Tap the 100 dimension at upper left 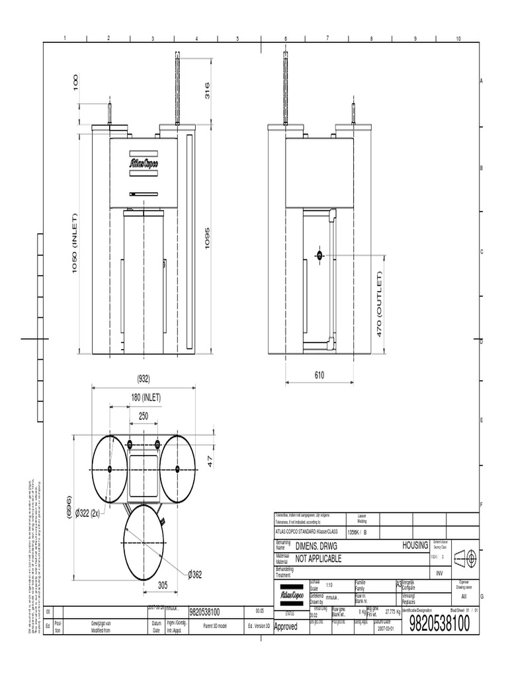pyautogui.click(x=76, y=83)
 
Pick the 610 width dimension pyautogui.click(x=319, y=375)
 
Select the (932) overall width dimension pyautogui.click(x=144, y=379)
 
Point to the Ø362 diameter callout pyautogui.click(x=194, y=575)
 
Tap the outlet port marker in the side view pyautogui.click(x=319, y=255)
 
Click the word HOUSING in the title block pyautogui.click(x=415, y=546)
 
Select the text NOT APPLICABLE pyautogui.click(x=318, y=559)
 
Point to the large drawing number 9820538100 pyautogui.click(x=439, y=623)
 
